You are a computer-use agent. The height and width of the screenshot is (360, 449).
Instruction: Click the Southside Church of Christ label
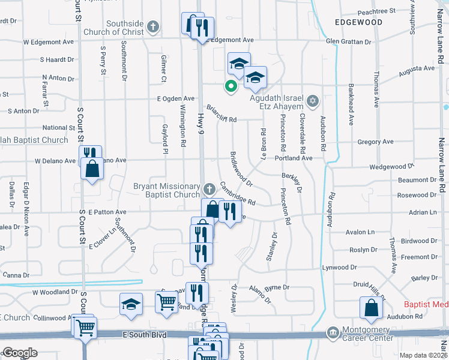pos(125,28)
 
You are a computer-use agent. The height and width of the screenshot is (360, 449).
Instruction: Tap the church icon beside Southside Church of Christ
pos(153,26)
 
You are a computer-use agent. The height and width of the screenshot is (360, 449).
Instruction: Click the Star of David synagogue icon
pos(312,100)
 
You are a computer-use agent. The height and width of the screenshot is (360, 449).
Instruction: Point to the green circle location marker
pos(229,86)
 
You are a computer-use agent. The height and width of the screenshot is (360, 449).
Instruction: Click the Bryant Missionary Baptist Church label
pos(166,190)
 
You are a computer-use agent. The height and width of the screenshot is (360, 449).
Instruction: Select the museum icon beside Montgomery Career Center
pos(333,332)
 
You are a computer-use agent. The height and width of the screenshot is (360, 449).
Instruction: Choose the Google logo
pos(20,353)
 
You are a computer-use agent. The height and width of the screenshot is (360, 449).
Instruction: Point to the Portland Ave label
pos(294,158)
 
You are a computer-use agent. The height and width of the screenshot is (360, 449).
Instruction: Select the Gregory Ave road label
pos(375,142)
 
